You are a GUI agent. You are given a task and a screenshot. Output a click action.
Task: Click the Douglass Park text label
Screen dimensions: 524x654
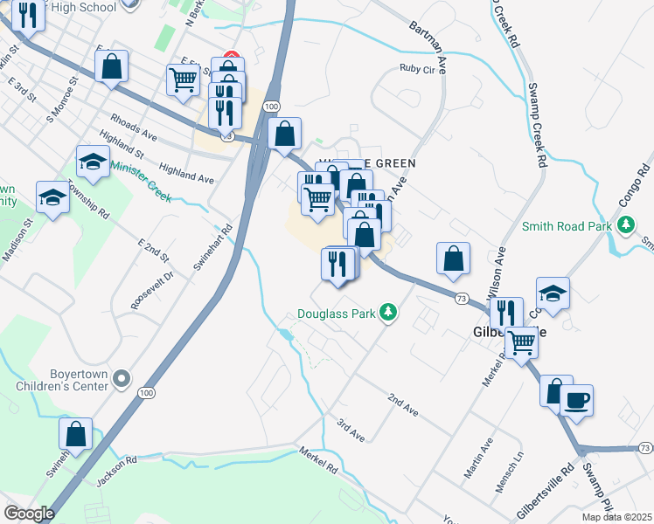point(335,313)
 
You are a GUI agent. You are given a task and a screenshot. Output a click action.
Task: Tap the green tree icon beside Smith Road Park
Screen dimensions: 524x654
point(626,226)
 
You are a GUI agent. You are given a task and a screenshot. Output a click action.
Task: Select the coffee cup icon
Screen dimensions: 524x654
point(576,402)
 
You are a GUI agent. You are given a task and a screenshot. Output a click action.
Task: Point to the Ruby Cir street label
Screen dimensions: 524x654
point(416,68)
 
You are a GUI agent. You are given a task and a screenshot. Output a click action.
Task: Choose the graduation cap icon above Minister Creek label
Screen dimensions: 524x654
point(94,161)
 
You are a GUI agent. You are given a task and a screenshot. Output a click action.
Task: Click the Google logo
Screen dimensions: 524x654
point(29,513)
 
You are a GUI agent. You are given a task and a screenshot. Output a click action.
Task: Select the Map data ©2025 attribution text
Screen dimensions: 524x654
point(617,517)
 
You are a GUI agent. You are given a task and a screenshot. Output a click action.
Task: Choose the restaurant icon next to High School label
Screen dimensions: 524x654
point(27,15)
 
